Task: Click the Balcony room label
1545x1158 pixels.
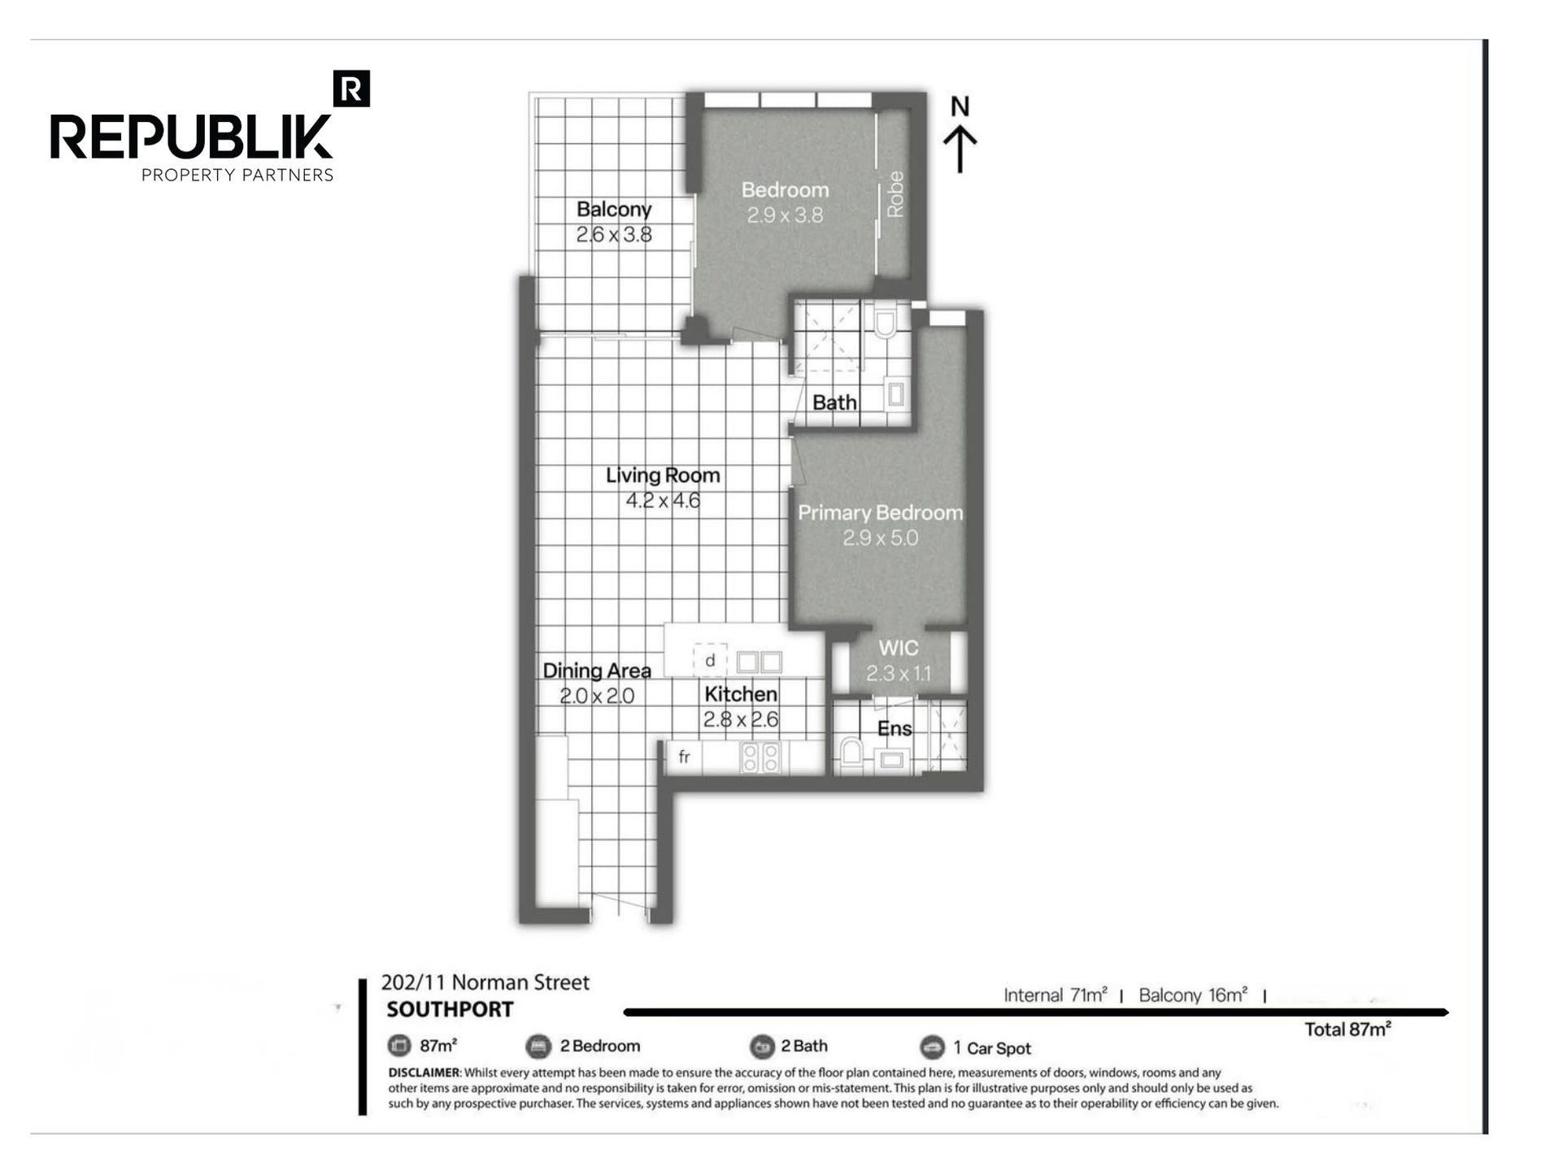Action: tap(614, 209)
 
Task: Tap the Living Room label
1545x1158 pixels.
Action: tap(663, 475)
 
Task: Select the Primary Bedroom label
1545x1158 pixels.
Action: tap(880, 513)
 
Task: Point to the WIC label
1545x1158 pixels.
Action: tap(899, 648)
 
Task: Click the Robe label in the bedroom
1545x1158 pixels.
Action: tap(895, 194)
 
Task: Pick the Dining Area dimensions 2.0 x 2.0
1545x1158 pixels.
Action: tap(597, 696)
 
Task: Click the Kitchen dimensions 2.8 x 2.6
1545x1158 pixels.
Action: tap(741, 719)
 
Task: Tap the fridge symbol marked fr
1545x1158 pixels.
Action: tap(684, 757)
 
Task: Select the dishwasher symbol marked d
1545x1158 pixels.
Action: tap(710, 661)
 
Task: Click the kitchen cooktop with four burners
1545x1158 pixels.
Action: tap(760, 757)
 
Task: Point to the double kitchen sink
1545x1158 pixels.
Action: tap(759, 661)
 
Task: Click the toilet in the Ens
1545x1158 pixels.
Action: tap(851, 752)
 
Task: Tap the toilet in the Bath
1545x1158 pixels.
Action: tap(885, 322)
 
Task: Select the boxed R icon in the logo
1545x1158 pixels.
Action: tap(352, 89)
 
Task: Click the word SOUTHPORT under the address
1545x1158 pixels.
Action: tap(450, 1009)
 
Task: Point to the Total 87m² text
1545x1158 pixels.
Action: tap(1347, 1030)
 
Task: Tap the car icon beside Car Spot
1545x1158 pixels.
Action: tap(932, 1047)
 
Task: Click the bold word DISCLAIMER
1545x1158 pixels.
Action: tap(424, 1073)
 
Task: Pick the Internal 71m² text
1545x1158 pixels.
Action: tap(1055, 995)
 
